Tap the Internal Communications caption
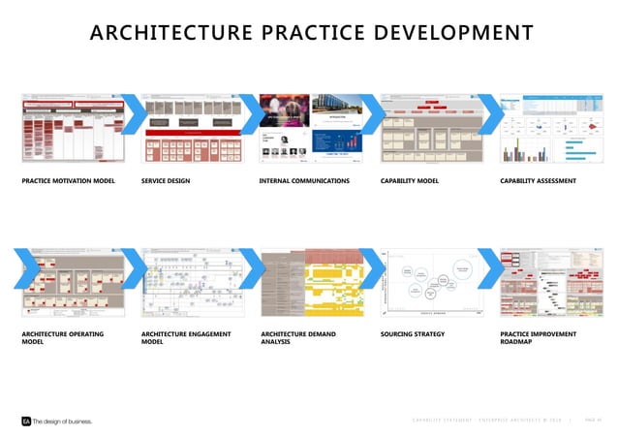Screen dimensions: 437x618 click(x=304, y=180)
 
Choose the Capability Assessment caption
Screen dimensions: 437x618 click(x=539, y=180)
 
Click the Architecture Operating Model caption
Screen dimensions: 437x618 click(x=62, y=337)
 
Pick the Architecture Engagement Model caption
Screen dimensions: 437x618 click(x=186, y=337)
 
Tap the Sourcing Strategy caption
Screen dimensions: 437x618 click(x=413, y=333)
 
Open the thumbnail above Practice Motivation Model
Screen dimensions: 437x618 click(x=72, y=128)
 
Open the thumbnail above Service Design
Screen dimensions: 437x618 click(x=191, y=128)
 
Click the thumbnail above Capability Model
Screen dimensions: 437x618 click(x=430, y=128)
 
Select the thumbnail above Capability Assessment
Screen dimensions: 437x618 click(x=550, y=128)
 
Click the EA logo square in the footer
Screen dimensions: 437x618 click(x=26, y=421)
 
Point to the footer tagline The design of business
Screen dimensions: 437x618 click(x=63, y=421)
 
